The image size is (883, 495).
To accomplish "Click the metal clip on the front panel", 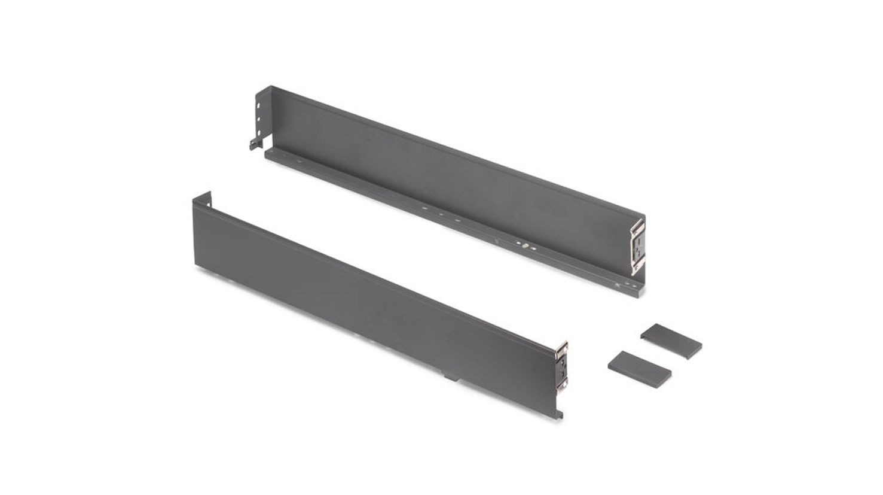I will coord(561,366).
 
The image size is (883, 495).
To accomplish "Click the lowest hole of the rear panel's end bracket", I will coord(259,127).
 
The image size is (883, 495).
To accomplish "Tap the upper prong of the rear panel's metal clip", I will coord(639,226).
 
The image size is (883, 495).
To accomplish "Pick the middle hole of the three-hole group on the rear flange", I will coord(441,214).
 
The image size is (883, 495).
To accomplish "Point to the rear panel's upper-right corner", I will coord(644,215).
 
